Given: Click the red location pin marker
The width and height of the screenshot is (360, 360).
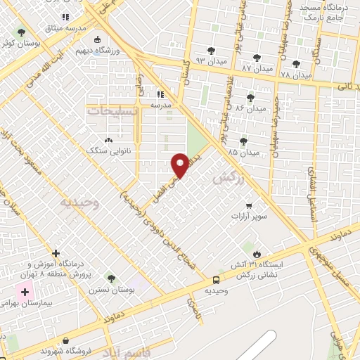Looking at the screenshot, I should pos(181,165).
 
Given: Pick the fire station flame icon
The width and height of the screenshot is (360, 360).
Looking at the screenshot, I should pos(257,254).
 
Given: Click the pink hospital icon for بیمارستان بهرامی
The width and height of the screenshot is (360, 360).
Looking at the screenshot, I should pos(25,292).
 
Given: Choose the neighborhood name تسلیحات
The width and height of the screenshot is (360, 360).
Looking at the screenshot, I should pos(110,111).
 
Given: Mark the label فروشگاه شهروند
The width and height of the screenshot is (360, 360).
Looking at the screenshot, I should pos(63,350).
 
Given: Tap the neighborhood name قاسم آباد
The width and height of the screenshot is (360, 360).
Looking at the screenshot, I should pos(127,351).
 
